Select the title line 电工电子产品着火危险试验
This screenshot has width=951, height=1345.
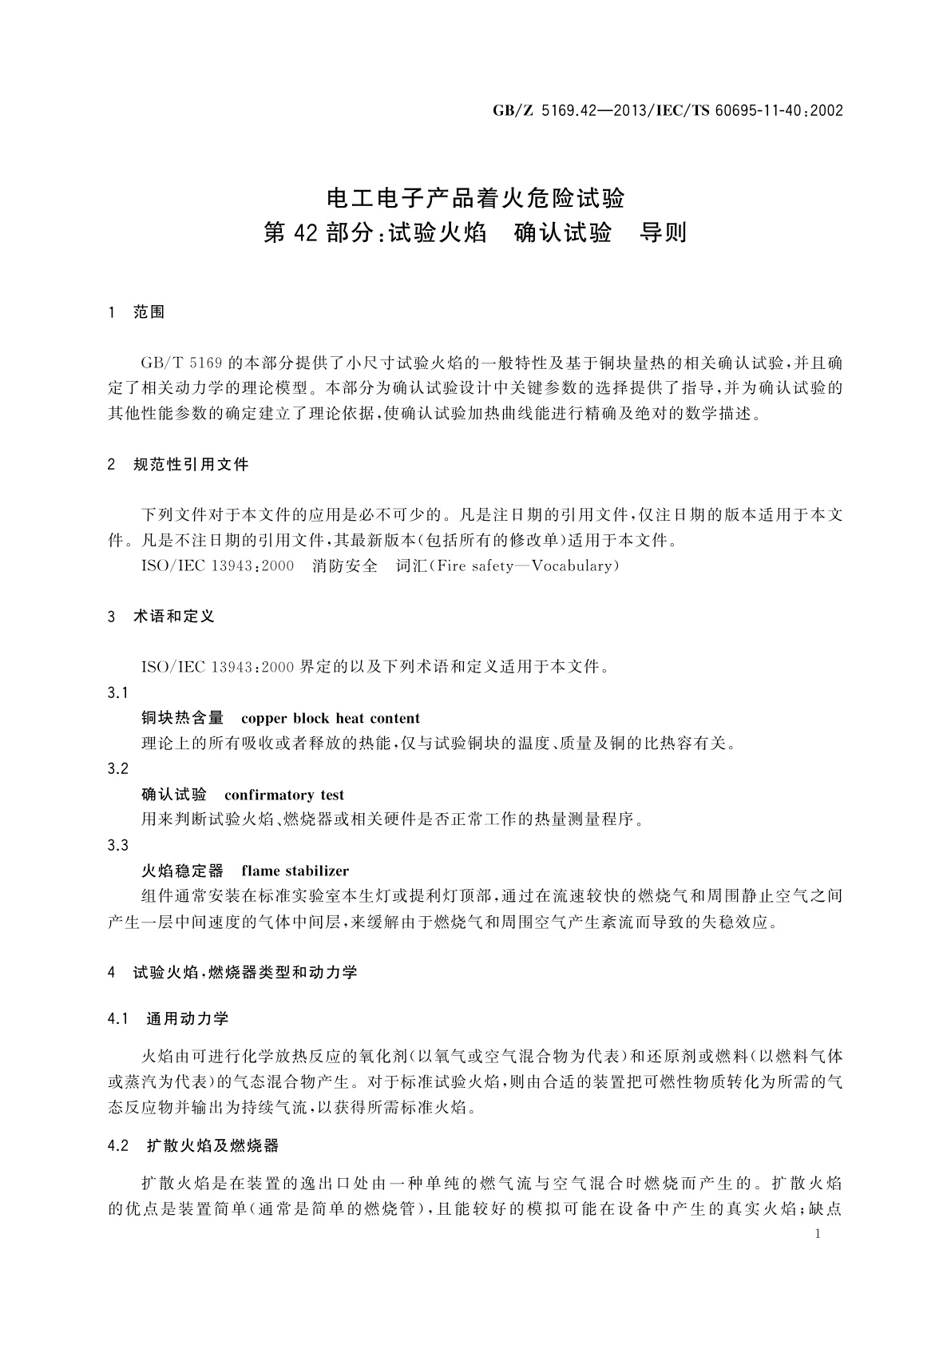475,196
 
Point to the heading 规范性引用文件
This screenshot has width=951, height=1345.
191,464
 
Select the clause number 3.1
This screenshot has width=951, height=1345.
117,692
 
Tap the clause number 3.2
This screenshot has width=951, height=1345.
117,768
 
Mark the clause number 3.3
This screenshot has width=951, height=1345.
117,845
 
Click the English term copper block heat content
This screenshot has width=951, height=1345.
330,718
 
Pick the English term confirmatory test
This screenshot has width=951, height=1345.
284,795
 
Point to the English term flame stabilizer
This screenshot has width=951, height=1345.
295,871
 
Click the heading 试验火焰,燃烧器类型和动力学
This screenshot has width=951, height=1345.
244,972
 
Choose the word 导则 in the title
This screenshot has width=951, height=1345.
664,233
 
